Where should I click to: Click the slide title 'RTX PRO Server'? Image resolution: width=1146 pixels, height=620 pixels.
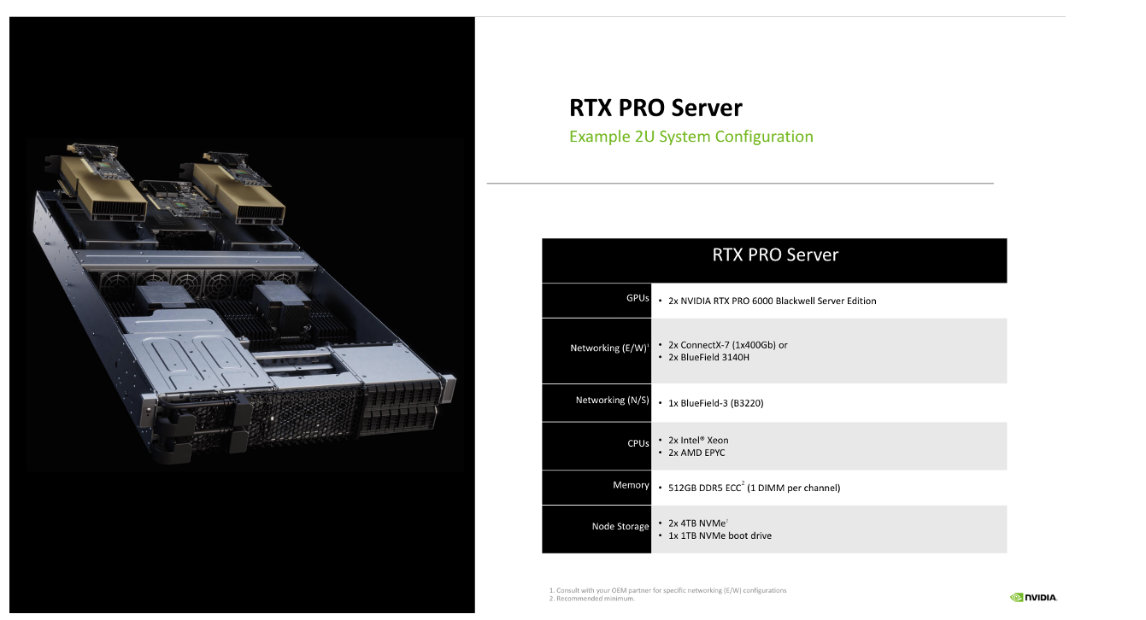(655, 108)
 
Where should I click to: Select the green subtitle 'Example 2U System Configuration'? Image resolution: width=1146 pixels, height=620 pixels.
(691, 137)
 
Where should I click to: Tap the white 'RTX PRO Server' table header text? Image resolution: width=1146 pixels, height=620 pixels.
(775, 254)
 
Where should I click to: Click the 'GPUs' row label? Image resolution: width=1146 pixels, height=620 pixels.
(638, 299)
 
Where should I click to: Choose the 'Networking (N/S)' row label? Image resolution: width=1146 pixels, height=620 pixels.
(612, 401)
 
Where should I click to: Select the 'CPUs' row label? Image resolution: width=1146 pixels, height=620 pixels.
(638, 444)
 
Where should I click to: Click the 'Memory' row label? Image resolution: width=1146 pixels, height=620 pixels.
(631, 485)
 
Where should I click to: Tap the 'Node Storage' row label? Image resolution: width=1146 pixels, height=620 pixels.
(620, 527)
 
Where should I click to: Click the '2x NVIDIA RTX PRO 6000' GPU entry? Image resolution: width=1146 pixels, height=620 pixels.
(772, 301)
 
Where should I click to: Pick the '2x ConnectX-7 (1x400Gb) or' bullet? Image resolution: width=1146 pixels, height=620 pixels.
(727, 345)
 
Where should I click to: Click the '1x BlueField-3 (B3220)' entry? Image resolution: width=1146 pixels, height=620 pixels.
(715, 403)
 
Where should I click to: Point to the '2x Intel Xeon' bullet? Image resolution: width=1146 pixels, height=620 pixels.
(698, 441)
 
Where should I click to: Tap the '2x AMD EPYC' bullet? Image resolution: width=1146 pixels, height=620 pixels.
(696, 453)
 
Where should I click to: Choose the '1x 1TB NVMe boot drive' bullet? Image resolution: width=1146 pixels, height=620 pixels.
(720, 535)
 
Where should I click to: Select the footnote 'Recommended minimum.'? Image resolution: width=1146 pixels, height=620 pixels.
(595, 599)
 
